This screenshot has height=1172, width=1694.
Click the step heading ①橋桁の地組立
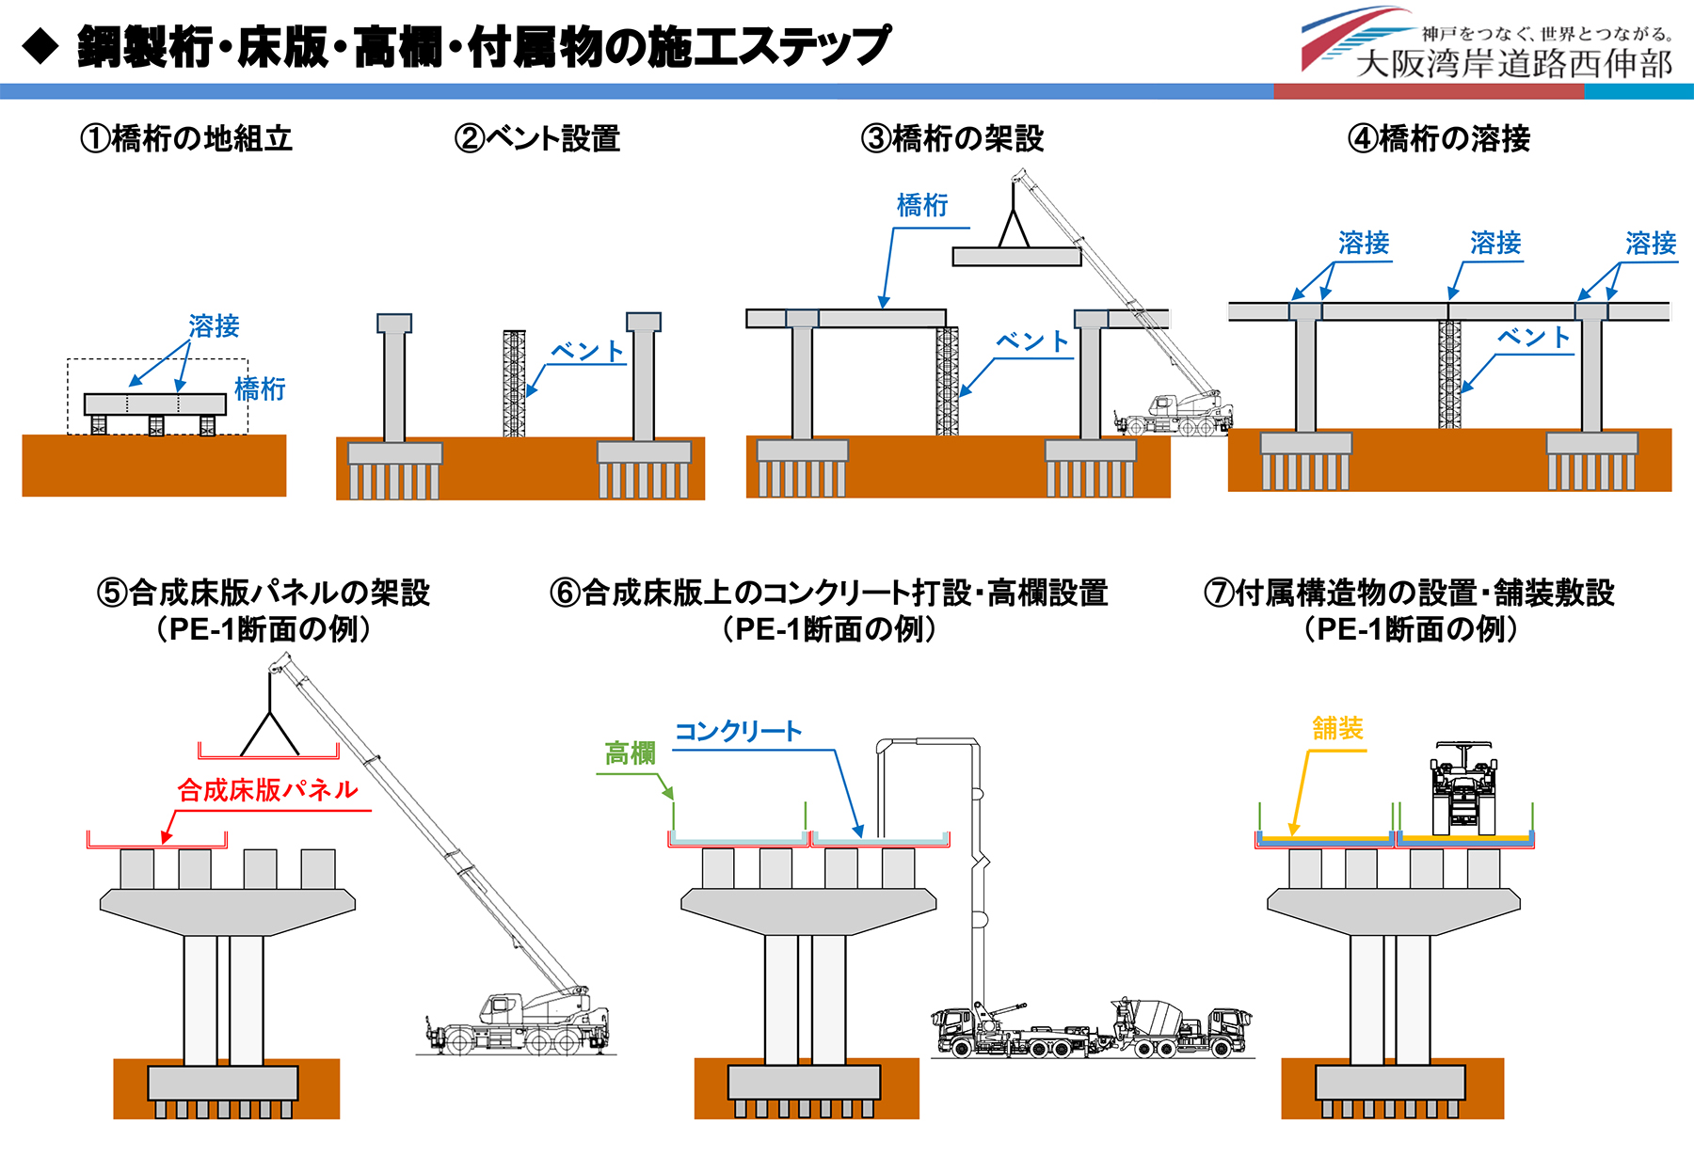[x=186, y=139]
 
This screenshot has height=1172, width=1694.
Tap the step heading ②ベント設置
[x=536, y=139]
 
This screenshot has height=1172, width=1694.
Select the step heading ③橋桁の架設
[x=951, y=139]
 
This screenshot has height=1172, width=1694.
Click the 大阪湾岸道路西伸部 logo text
[x=1513, y=64]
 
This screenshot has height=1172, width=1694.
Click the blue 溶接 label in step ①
[x=214, y=326]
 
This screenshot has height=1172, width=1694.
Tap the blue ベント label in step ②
[x=587, y=352]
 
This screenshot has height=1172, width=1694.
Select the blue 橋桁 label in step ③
[x=922, y=205]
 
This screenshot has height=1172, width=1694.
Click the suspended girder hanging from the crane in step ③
[x=1016, y=257]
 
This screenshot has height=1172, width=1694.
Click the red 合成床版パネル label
[x=267, y=790]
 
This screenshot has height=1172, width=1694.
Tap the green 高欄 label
[x=630, y=753]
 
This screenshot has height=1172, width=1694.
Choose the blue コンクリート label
[x=738, y=732]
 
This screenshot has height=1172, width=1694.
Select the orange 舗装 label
[x=1337, y=728]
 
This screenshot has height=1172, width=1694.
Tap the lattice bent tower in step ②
[x=514, y=383]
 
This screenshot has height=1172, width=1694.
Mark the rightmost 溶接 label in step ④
[x=1651, y=244]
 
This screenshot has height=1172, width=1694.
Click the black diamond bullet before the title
[x=40, y=46]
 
